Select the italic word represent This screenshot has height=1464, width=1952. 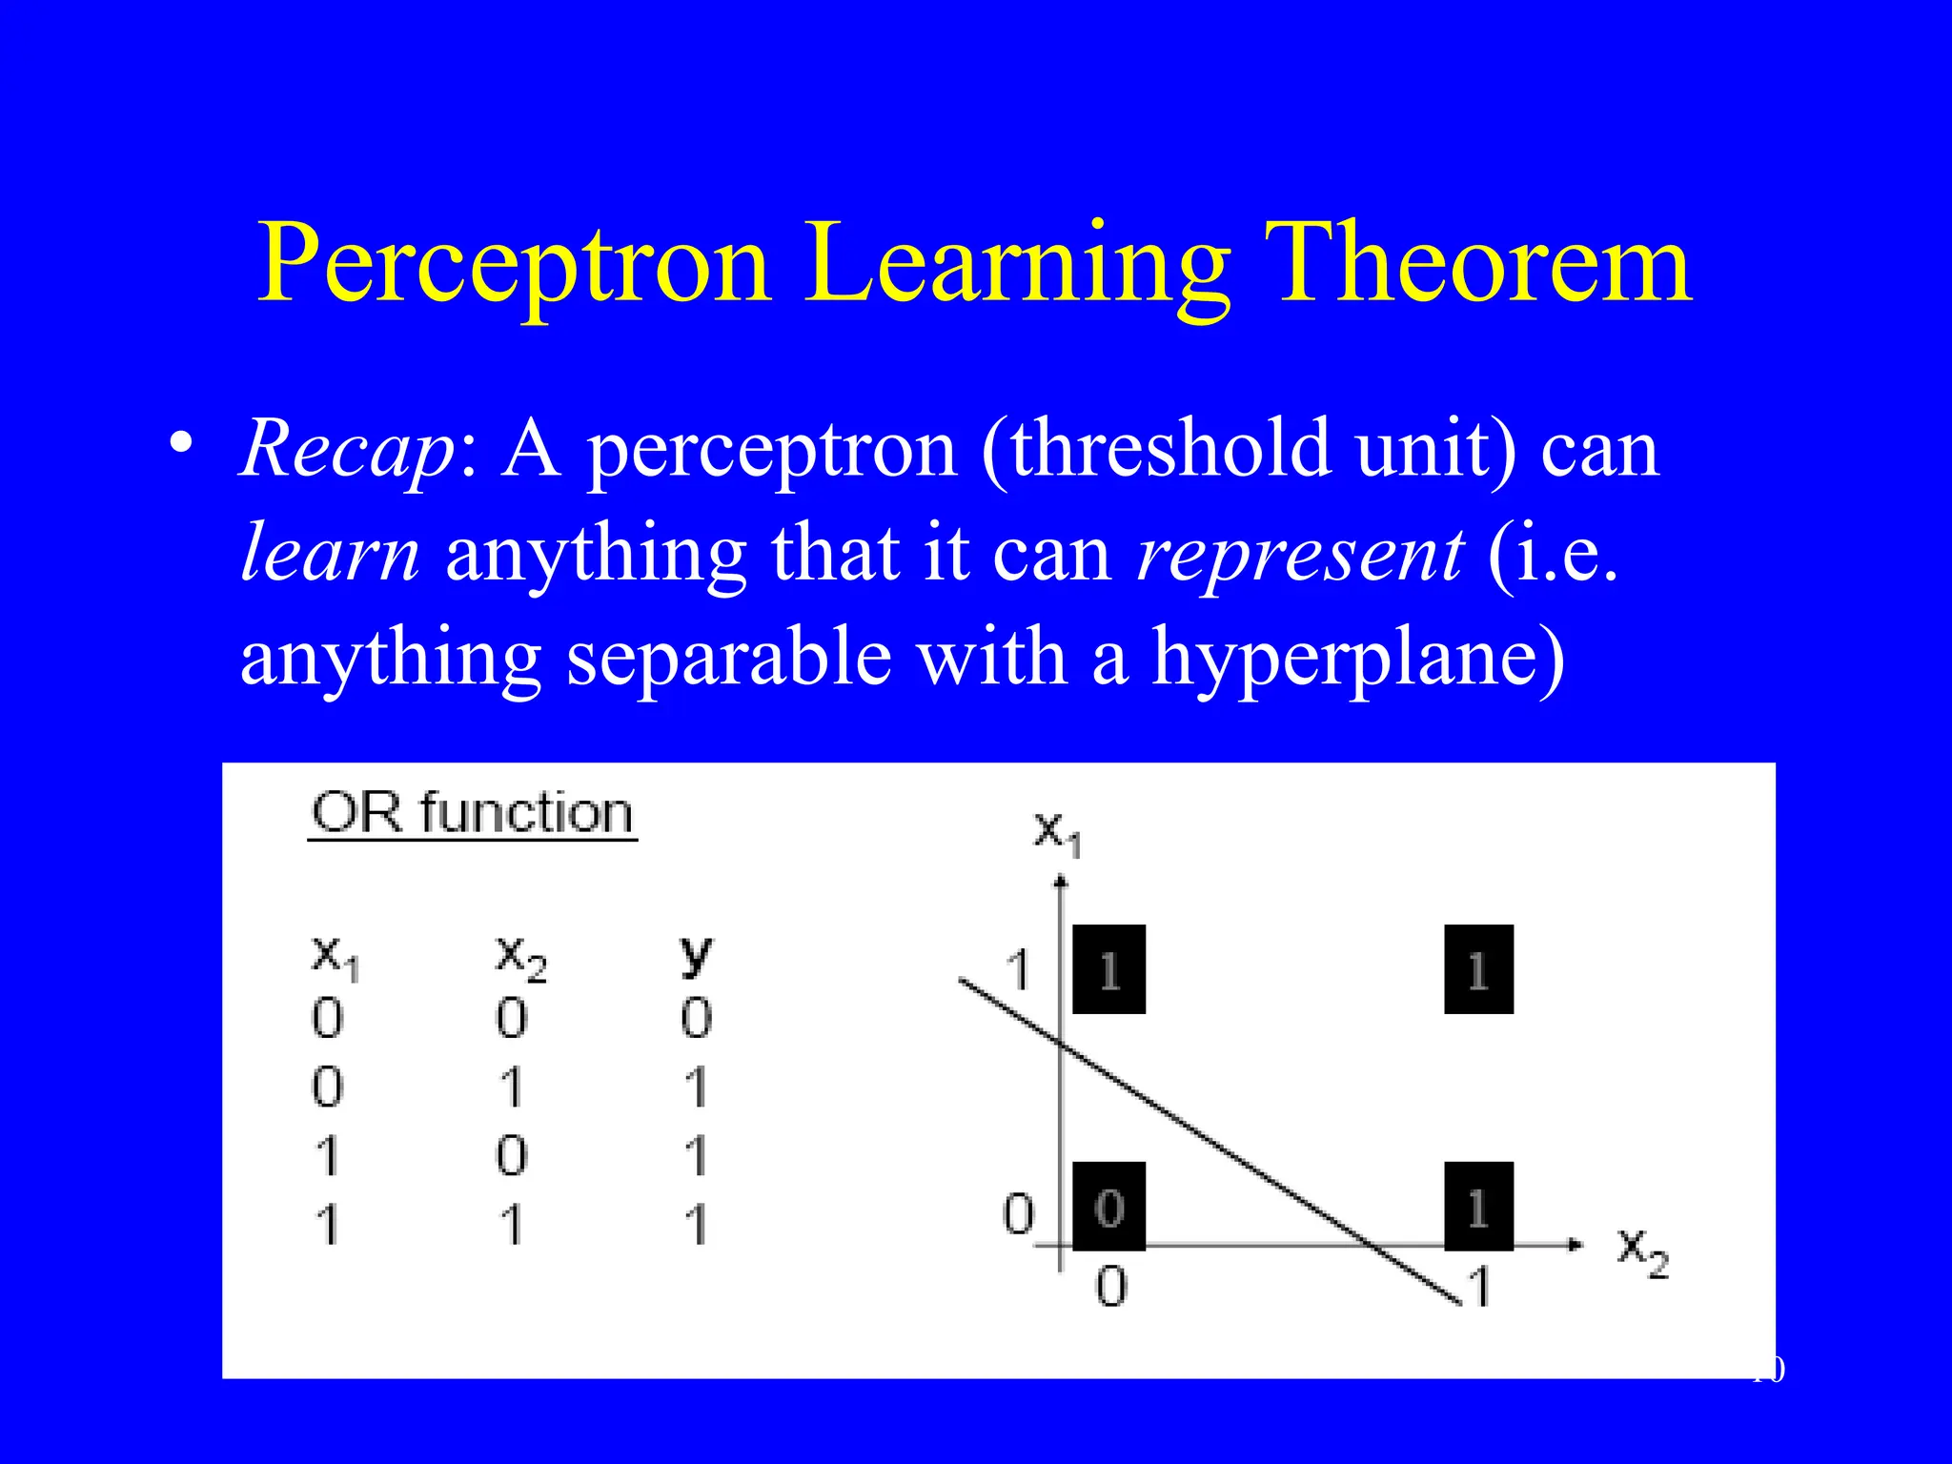[x=1300, y=553]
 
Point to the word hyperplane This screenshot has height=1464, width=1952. [x=1357, y=658]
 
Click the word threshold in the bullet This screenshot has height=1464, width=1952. [x=1170, y=448]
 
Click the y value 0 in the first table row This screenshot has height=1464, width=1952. [x=696, y=1018]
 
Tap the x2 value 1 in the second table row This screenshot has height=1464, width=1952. [x=512, y=1087]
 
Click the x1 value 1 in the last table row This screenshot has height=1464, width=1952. [x=327, y=1225]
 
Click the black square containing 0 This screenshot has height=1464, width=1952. [x=1108, y=1207]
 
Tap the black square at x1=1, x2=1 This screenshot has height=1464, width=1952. [x=1478, y=969]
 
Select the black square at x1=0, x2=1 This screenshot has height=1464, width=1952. [x=1478, y=1207]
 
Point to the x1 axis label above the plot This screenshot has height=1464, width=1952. [x=1058, y=832]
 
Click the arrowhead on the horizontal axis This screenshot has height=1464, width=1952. [x=1575, y=1245]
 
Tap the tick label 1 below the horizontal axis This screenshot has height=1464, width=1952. [x=1479, y=1287]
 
